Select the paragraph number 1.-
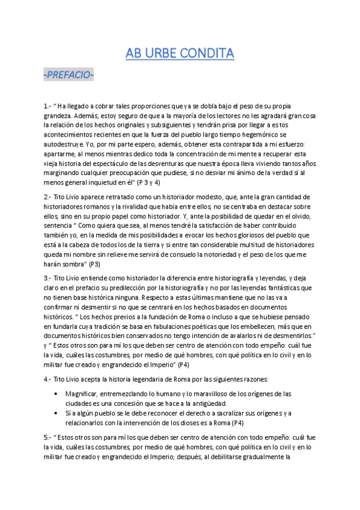[48, 106]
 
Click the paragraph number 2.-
[48, 197]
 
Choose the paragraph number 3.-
[48, 278]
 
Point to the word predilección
[146, 288]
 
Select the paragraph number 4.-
[48, 379]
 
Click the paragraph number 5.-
[48, 437]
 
